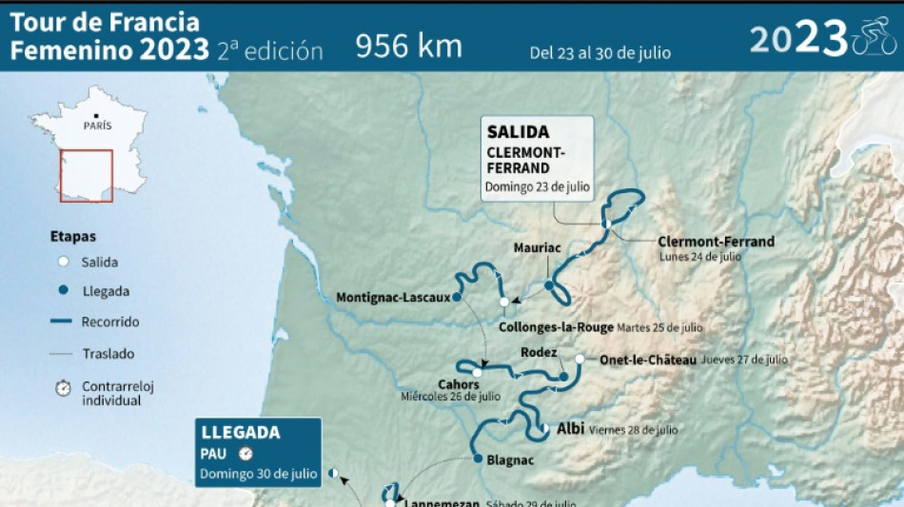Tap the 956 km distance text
[409, 46]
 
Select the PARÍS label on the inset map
[97, 126]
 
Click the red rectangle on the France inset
[87, 175]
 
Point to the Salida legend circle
[63, 262]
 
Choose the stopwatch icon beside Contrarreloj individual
[63, 388]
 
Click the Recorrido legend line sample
[63, 322]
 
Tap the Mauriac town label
[538, 248]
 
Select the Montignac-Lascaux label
[393, 298]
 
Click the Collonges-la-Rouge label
[556, 327]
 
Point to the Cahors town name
[458, 384]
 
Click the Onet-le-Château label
[648, 360]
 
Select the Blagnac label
[510, 460]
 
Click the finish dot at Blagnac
[478, 458]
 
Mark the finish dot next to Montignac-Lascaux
[458, 297]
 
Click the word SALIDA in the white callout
[518, 132]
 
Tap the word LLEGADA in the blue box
[238, 433]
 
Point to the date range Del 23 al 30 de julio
[600, 52]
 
